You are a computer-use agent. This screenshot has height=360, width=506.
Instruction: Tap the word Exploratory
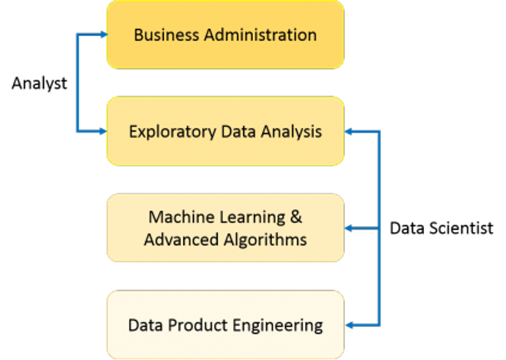tap(162, 132)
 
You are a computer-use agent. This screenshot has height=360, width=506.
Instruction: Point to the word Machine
tap(178, 218)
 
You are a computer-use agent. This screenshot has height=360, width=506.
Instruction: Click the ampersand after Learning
tap(294, 218)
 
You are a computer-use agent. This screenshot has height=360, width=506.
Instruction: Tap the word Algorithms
tap(261, 240)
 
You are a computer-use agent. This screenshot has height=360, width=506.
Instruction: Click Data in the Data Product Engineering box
tap(143, 325)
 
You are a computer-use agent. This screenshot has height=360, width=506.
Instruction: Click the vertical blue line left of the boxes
tap(77, 83)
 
